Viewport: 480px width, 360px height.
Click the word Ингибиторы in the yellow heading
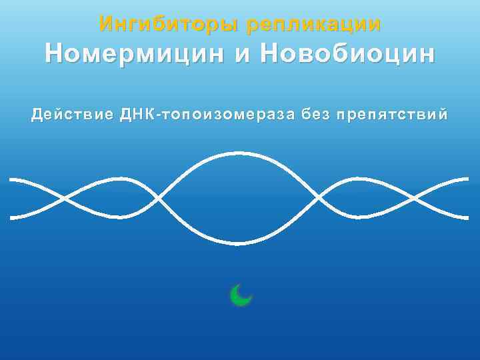[169, 25]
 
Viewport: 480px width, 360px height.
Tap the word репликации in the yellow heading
[314, 25]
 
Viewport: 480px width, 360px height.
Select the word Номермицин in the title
[134, 53]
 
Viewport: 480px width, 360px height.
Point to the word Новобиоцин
[347, 53]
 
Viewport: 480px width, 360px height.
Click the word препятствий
[393, 115]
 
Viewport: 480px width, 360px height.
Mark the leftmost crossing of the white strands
[65, 199]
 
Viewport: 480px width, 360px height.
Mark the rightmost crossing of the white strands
[415, 199]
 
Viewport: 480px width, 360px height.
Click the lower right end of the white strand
[467, 217]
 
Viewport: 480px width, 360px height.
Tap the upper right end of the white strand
[467, 179]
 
